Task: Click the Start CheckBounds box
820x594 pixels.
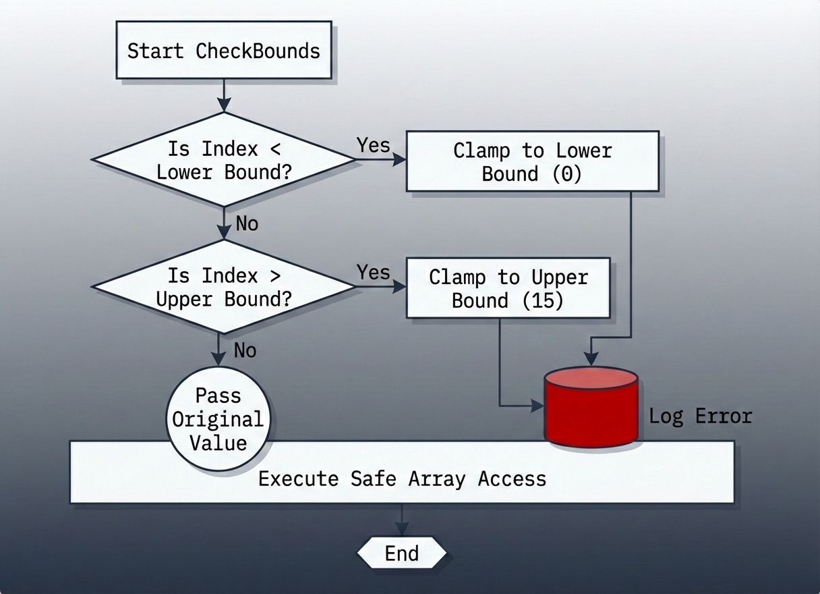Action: (224, 51)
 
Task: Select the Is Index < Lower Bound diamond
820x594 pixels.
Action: (223, 160)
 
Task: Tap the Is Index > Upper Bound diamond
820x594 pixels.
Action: (223, 288)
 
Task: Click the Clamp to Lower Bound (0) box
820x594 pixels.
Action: (532, 161)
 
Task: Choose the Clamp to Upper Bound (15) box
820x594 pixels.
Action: (508, 288)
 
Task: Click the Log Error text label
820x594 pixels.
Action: (700, 416)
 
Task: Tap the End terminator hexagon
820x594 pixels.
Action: (402, 553)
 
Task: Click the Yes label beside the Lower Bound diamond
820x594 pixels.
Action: (373, 145)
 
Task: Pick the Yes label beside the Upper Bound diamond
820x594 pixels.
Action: (373, 273)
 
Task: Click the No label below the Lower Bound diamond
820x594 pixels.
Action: (247, 223)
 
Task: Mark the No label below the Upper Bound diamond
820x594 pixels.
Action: (245, 350)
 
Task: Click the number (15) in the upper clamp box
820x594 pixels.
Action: (544, 300)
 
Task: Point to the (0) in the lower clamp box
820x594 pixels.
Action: (566, 173)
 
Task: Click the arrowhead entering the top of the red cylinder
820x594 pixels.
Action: (591, 360)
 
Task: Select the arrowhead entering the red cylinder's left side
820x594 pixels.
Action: (537, 406)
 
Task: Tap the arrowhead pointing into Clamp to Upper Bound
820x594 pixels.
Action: (400, 288)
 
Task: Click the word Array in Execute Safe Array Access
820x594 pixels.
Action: (436, 479)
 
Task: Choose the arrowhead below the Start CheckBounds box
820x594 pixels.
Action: (223, 105)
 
